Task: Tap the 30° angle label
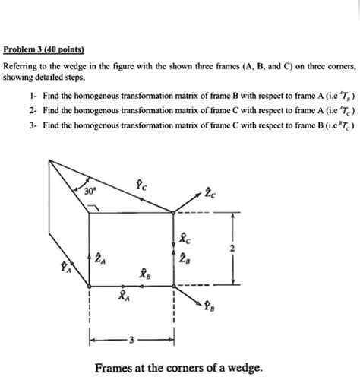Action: click(x=90, y=192)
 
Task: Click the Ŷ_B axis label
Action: click(x=209, y=307)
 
